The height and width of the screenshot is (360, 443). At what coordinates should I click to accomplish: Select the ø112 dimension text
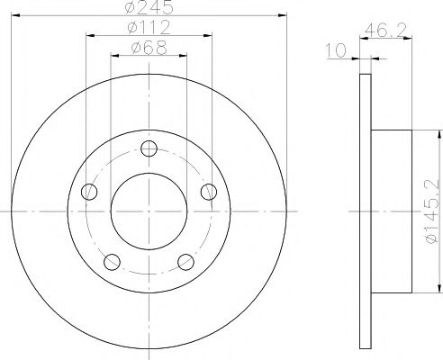click(x=149, y=27)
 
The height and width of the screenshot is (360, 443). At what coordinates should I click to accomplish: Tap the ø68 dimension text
click(x=149, y=48)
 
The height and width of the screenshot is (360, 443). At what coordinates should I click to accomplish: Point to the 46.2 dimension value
click(x=385, y=31)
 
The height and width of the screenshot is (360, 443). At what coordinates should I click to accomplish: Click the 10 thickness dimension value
click(x=336, y=50)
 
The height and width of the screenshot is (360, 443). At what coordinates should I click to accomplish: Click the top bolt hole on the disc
click(x=149, y=148)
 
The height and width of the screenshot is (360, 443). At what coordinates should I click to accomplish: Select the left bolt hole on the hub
click(x=89, y=192)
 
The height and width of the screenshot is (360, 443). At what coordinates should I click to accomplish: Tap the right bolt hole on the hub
click(x=209, y=192)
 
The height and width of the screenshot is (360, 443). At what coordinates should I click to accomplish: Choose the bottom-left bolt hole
click(x=112, y=262)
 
